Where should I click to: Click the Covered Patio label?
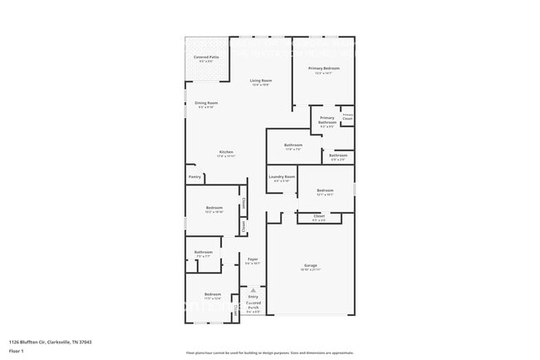(x=206, y=57)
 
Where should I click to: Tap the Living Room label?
(x=261, y=81)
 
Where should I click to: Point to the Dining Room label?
(x=206, y=103)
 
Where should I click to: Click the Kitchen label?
(x=226, y=152)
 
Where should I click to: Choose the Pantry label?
(x=194, y=176)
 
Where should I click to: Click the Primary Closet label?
(x=347, y=117)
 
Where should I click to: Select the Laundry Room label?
(x=282, y=177)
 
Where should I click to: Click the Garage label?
(x=310, y=266)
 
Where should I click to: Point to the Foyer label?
(x=253, y=259)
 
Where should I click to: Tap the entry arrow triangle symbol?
(x=253, y=290)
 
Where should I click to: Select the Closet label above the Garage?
(x=319, y=216)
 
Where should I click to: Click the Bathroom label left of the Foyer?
(x=204, y=252)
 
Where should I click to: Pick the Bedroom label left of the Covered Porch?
(x=213, y=293)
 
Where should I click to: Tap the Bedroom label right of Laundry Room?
(x=325, y=191)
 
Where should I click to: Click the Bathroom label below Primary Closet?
(x=338, y=155)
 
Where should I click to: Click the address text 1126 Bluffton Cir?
(x=50, y=342)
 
